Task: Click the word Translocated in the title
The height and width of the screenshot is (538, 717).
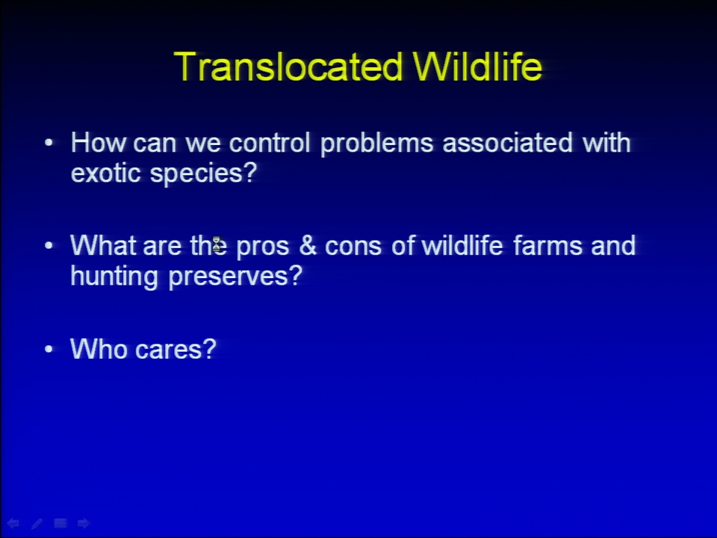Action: tap(288, 67)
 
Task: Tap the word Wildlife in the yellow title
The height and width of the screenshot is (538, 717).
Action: tap(477, 67)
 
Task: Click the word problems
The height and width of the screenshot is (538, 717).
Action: tap(376, 143)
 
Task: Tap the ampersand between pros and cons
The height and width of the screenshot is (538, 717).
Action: tap(307, 245)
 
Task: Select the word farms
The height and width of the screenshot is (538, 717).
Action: tap(547, 245)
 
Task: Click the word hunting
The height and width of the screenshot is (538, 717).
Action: tap(114, 276)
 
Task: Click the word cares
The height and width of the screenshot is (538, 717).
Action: tap(176, 349)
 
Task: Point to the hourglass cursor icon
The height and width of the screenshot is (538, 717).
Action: tap(217, 244)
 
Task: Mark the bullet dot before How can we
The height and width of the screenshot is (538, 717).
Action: tap(49, 143)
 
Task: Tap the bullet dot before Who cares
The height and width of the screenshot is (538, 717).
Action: tap(49, 349)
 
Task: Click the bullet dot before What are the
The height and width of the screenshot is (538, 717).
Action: tap(49, 246)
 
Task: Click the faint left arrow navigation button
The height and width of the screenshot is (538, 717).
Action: tap(13, 523)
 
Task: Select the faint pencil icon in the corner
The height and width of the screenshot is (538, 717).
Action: tap(37, 523)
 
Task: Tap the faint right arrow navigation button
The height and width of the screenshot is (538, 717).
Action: tap(84, 523)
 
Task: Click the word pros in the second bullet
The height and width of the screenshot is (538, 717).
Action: tap(262, 247)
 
